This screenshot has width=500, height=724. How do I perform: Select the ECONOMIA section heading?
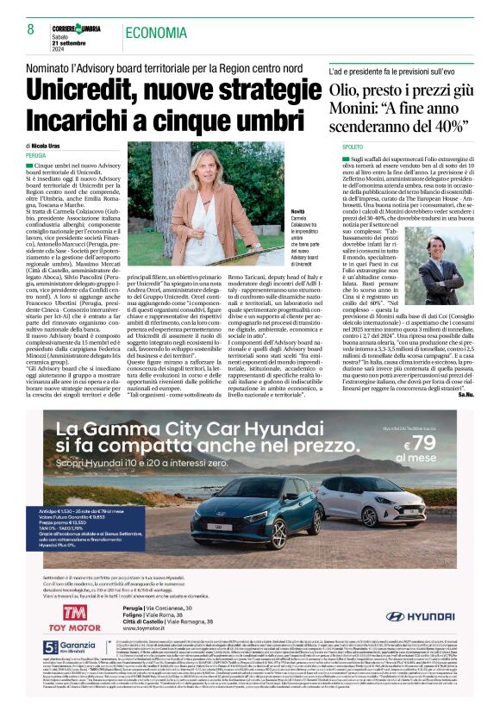155,33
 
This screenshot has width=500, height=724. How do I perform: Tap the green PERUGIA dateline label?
36,156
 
